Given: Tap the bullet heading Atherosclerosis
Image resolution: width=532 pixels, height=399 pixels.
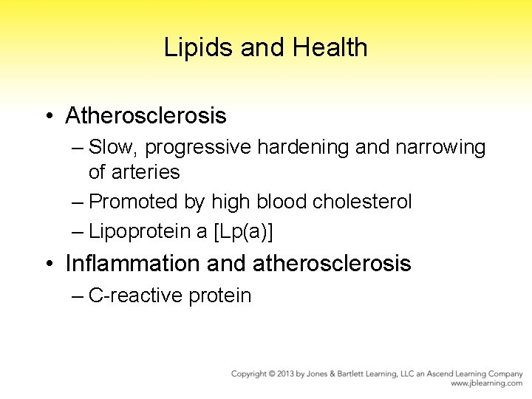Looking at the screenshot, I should (146, 116).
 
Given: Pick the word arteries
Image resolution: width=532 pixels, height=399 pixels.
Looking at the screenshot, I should (134, 172).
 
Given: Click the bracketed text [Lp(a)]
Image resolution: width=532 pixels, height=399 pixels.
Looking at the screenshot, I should (242, 231).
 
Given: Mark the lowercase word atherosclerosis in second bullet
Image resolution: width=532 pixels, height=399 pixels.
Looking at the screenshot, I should (332, 264).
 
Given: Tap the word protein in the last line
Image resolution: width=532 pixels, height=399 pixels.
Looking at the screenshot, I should (220, 296).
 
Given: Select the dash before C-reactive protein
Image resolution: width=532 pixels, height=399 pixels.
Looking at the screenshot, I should (78, 296).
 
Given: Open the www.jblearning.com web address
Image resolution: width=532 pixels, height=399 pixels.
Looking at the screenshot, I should (486, 384).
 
